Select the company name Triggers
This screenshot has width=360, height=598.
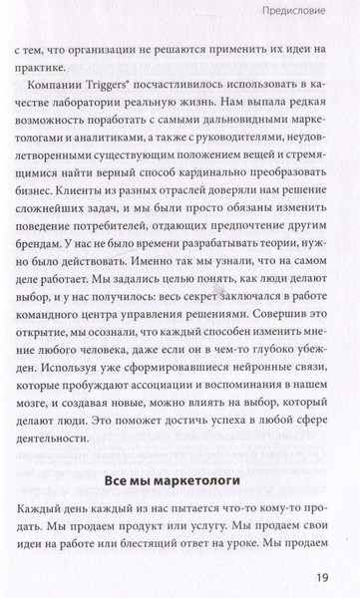coord(125,90)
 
